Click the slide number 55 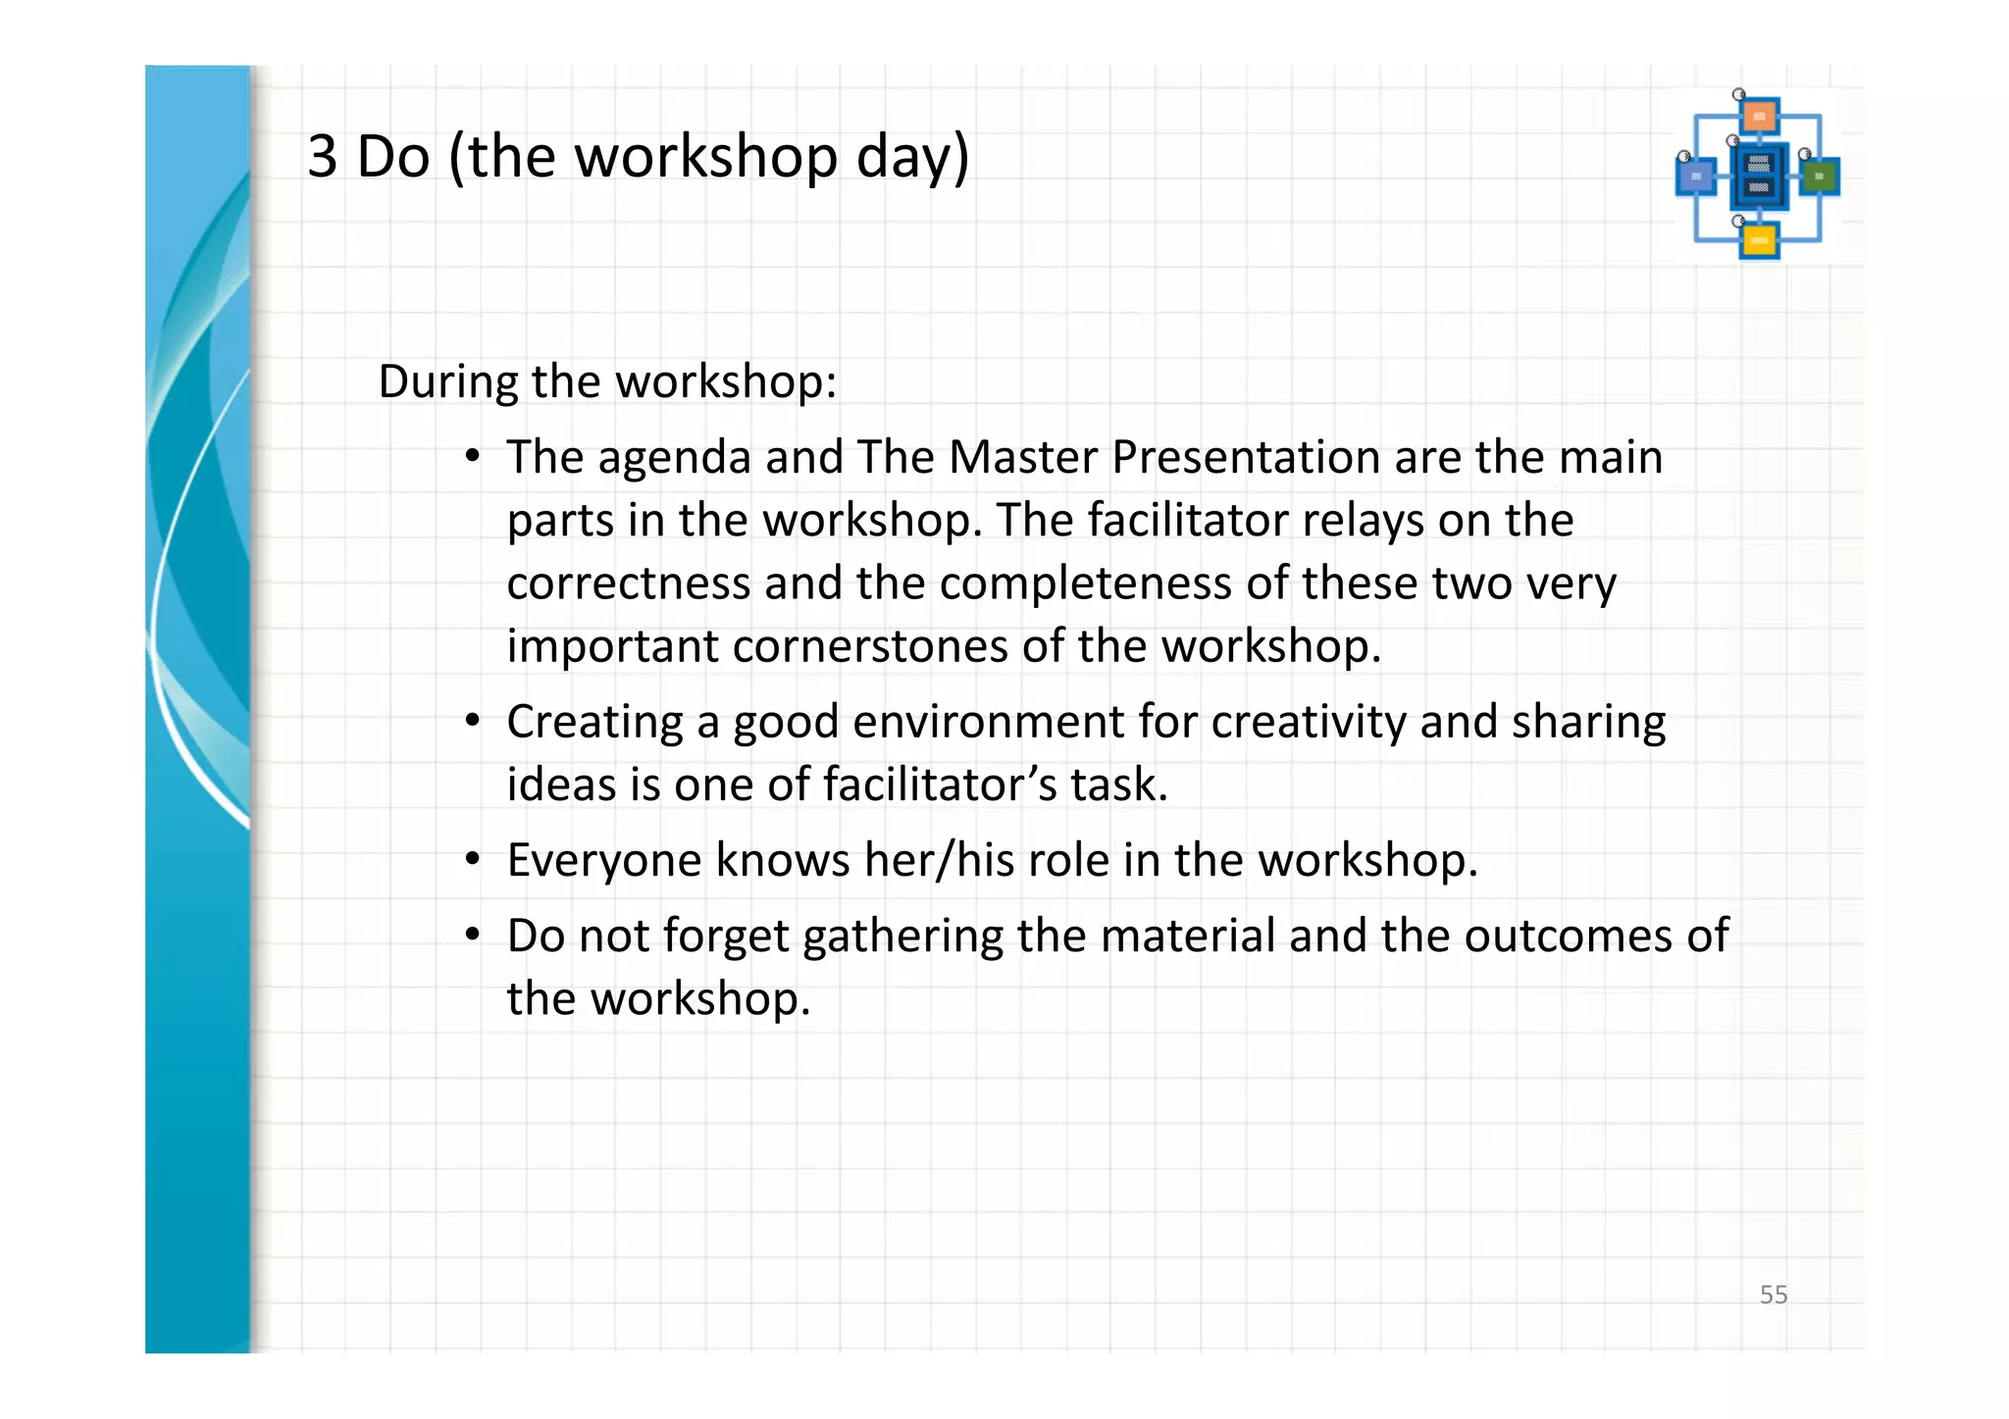(1773, 1294)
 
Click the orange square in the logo (1760, 117)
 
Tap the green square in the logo (1820, 177)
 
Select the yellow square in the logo (1759, 240)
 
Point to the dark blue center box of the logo (1759, 177)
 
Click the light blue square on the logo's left (1696, 177)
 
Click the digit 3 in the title (323, 157)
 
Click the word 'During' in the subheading (447, 381)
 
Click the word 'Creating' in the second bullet (594, 723)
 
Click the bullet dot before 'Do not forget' (473, 935)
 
